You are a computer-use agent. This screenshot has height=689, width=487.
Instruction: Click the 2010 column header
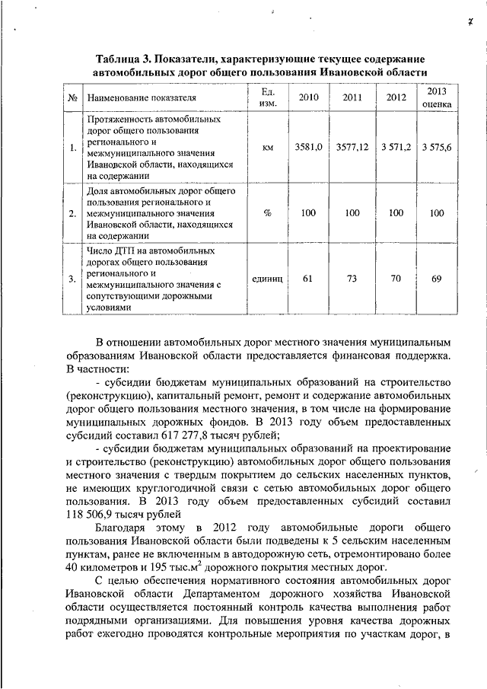309,97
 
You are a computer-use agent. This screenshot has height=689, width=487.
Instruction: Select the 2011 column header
352,97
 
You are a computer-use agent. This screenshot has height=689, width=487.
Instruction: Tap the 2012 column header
396,97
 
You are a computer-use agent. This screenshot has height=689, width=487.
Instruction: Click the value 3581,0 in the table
309,148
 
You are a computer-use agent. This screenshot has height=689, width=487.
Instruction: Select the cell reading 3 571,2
396,148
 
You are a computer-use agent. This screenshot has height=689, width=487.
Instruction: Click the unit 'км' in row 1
267,148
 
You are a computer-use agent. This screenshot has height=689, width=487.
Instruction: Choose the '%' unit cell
267,213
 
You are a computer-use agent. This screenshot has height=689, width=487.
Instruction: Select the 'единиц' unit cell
267,279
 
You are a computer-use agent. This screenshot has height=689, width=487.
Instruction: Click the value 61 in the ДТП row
308,279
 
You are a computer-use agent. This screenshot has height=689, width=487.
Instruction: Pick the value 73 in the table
352,279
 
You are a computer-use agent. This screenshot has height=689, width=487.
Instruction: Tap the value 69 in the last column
437,279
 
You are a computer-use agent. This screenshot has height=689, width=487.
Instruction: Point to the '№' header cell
72,98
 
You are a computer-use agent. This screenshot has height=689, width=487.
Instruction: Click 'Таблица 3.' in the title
126,59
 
